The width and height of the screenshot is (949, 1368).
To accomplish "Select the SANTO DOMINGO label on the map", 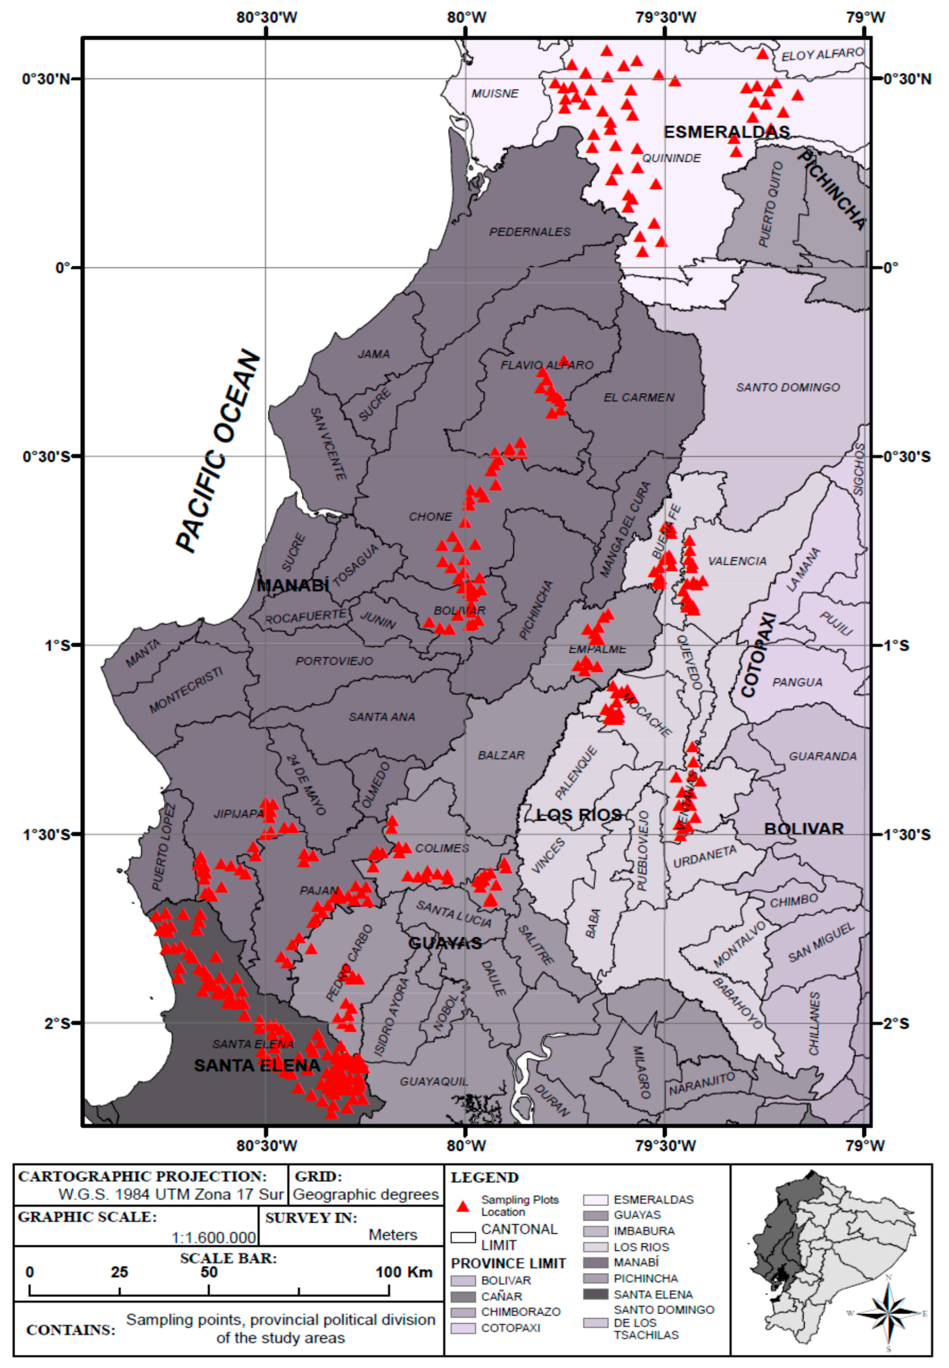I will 787,388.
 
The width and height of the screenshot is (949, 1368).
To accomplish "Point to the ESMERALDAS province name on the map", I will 727,132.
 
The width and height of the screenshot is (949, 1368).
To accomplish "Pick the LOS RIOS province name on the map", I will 578,815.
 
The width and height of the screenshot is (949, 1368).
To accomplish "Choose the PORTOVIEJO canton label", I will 334,661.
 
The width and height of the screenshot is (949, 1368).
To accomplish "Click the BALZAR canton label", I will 501,755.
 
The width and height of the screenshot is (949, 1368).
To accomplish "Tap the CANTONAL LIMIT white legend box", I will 463,1237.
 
